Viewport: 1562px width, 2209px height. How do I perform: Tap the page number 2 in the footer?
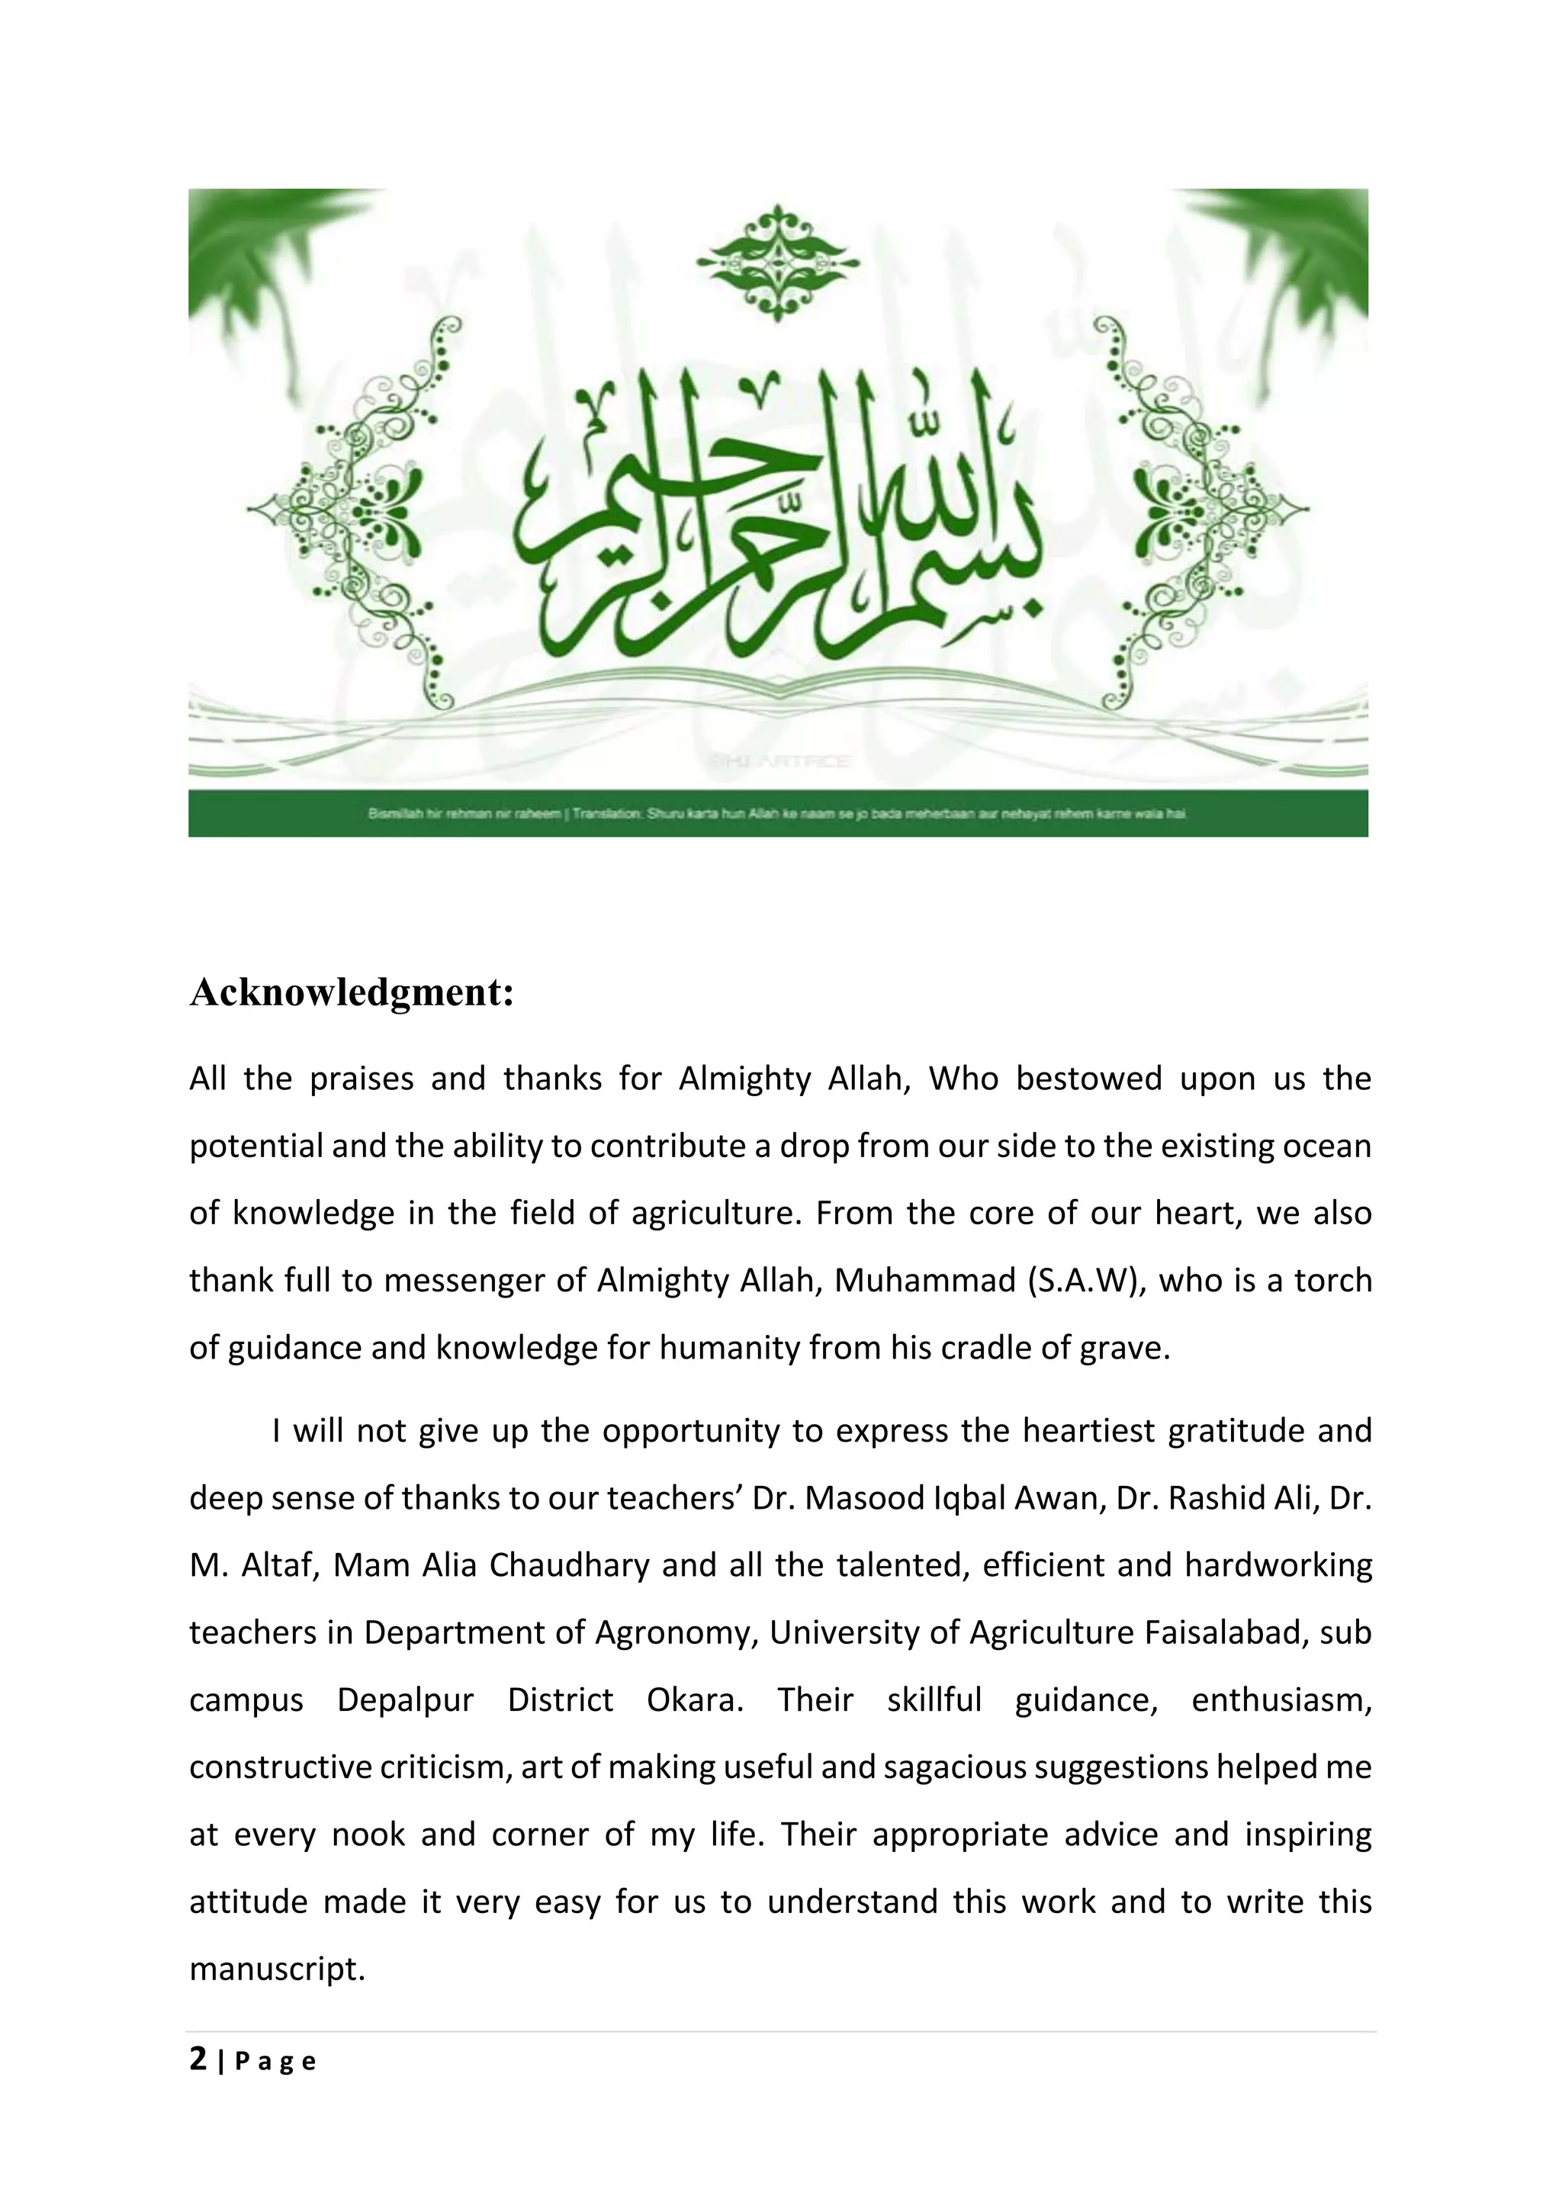198,2059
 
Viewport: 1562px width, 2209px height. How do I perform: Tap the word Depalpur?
405,1700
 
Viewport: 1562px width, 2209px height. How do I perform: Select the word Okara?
695,1700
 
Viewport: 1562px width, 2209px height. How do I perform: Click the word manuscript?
277,1969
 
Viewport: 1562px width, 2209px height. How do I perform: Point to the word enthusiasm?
1281,1700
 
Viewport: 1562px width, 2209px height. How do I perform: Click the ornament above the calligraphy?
778,261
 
